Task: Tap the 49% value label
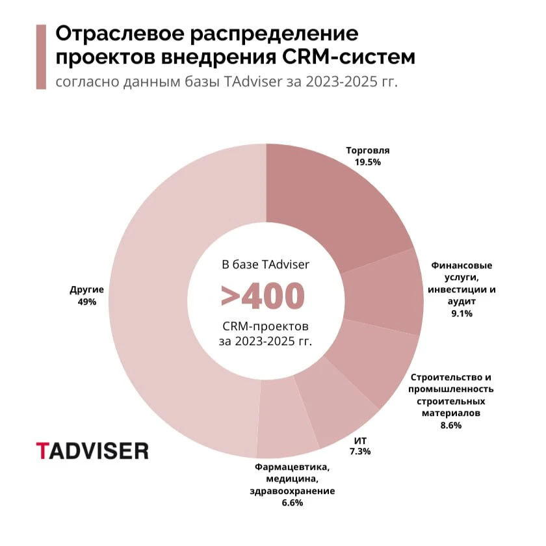87,302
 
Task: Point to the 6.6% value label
292,502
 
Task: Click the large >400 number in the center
263,296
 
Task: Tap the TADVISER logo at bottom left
92,450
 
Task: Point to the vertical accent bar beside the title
42,57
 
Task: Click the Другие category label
87,290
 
